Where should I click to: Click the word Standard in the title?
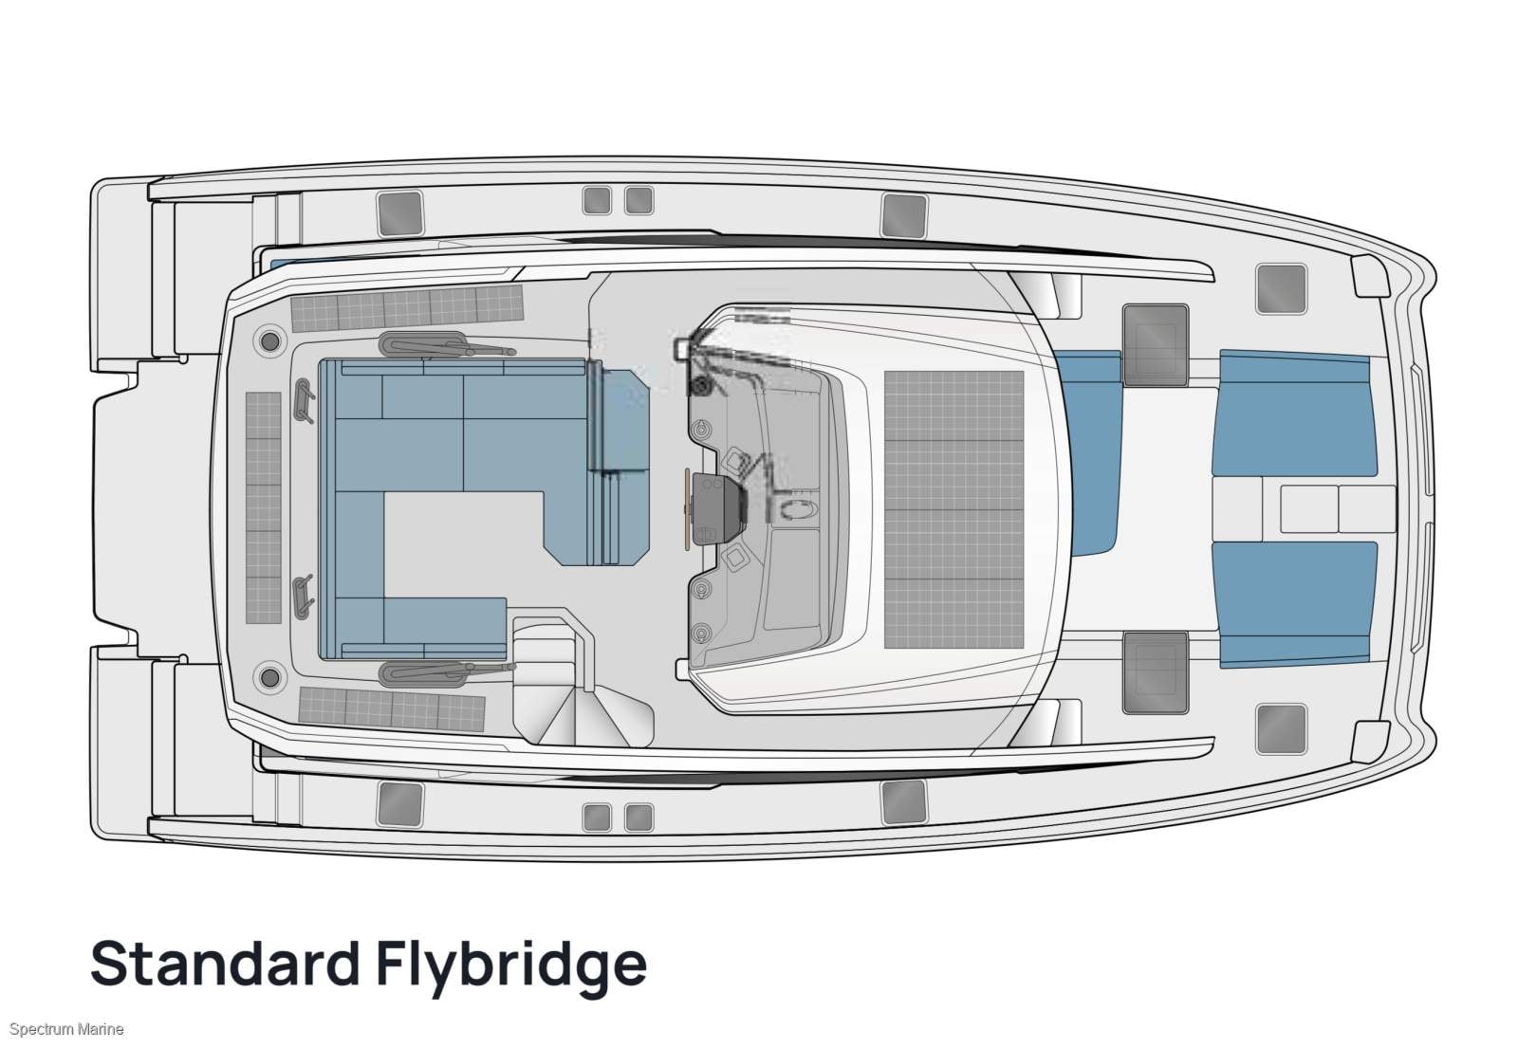(225, 964)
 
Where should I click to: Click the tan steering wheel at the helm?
(687, 509)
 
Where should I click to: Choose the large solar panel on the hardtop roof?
(953, 509)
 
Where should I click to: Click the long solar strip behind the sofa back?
(264, 507)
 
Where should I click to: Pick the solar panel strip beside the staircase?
(391, 707)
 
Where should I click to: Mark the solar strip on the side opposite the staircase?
(407, 306)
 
